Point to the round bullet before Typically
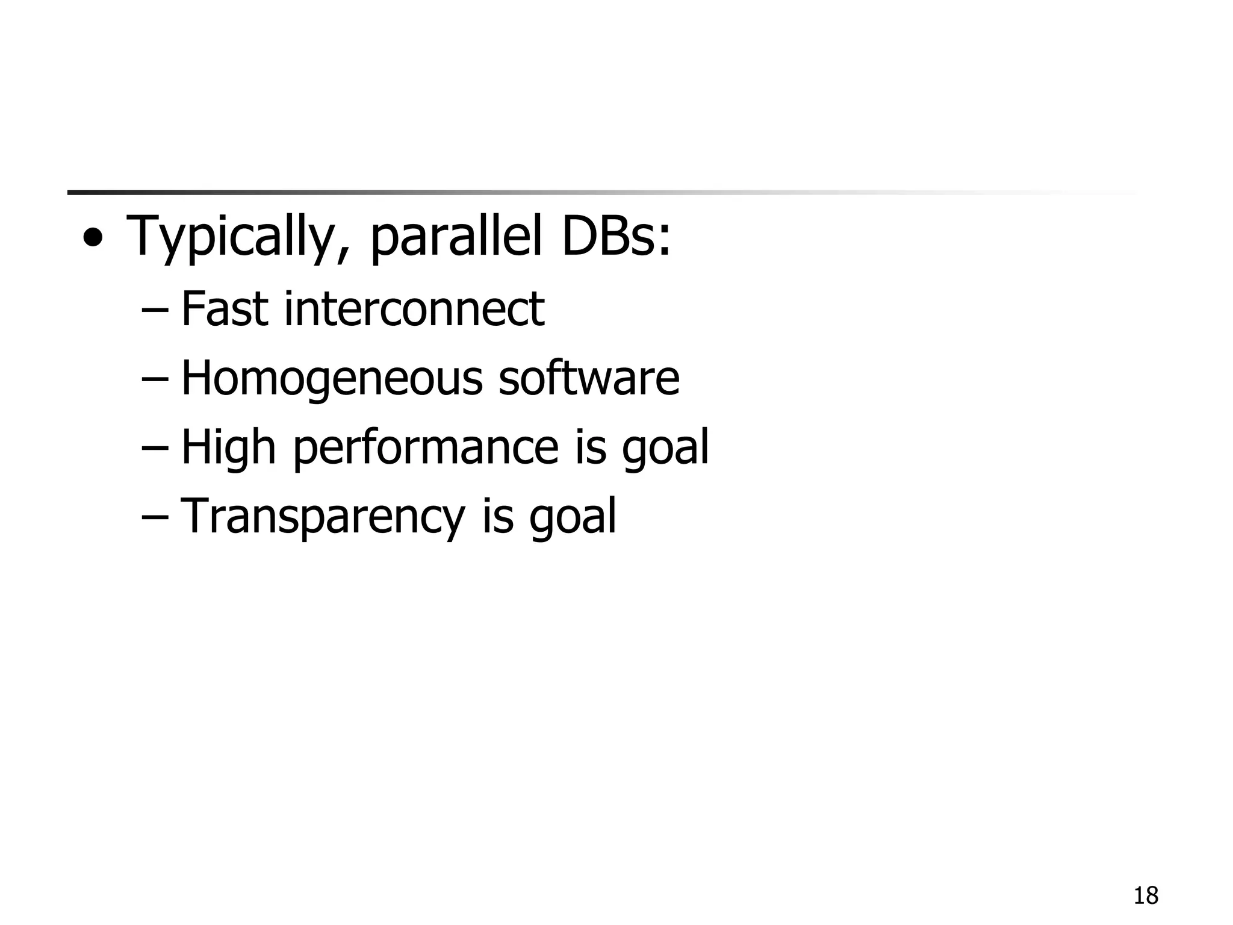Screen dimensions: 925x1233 point(93,239)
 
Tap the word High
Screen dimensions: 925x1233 point(228,447)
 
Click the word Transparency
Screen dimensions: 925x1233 point(323,517)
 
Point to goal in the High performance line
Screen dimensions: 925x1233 point(665,447)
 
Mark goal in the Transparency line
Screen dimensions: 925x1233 point(573,517)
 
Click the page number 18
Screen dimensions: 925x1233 point(1146,896)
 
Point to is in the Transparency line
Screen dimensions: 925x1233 point(497,517)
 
